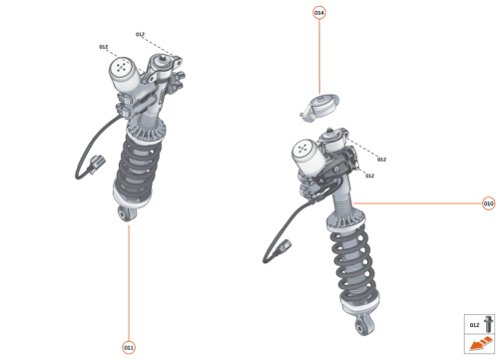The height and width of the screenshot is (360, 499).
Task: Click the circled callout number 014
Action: pos(319,13)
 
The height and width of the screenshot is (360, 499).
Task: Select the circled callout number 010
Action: pos(488,204)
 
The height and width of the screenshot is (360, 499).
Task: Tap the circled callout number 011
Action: pos(128,347)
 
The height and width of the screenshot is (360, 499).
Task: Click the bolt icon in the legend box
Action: pos(488,325)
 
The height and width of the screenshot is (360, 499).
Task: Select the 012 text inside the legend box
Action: pos(474,325)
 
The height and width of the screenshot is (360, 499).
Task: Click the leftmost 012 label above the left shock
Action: pos(103,46)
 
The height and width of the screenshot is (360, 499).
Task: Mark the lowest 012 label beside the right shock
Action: pos(369,176)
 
